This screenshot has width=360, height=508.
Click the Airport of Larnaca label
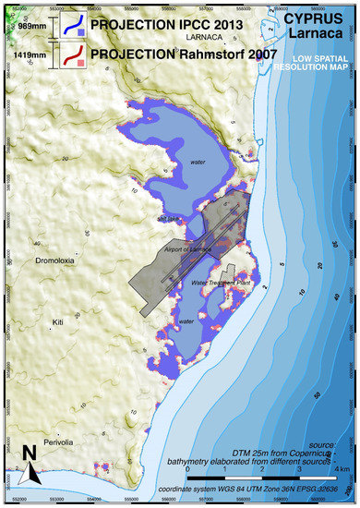(x=188, y=249)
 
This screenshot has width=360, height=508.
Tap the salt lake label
(x=170, y=220)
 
